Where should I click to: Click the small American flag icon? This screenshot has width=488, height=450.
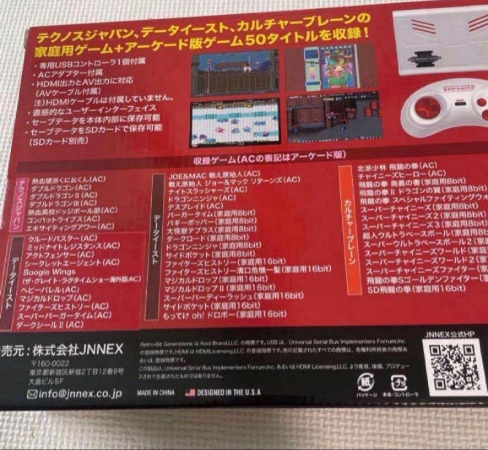pyautogui.click(x=190, y=392)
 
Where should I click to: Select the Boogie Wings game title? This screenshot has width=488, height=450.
pyautogui.click(x=43, y=272)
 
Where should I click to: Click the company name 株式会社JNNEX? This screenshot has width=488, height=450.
pyautogui.click(x=80, y=350)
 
